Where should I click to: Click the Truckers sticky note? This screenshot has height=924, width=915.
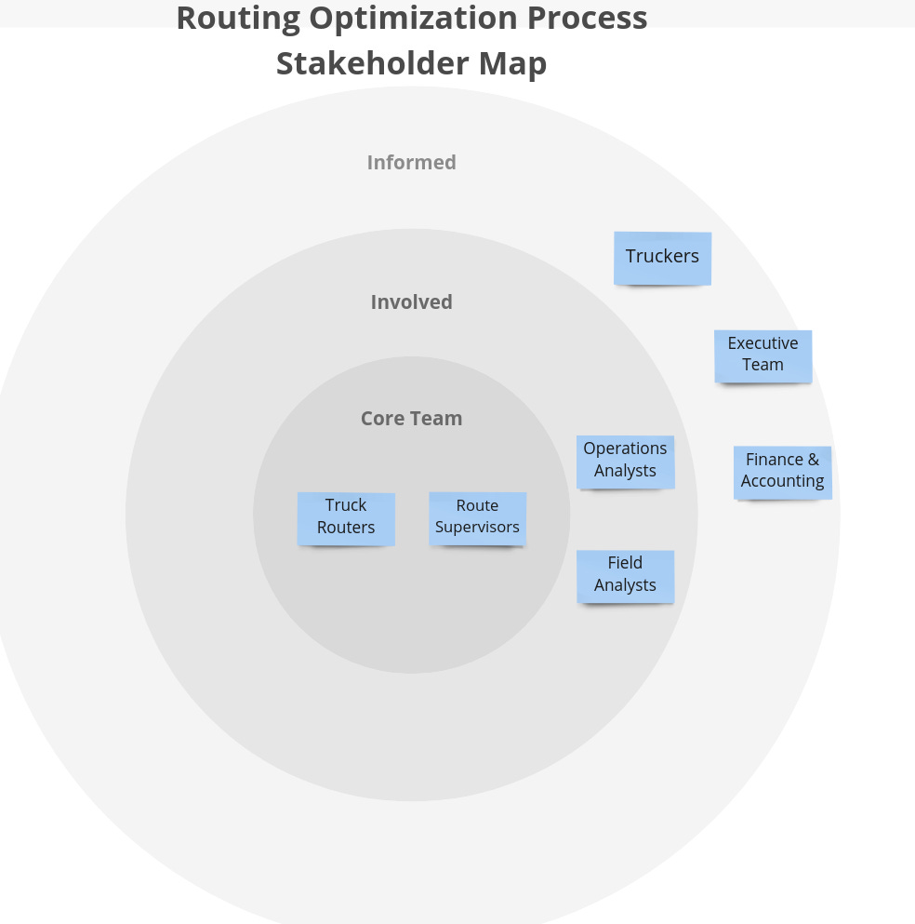click(x=662, y=258)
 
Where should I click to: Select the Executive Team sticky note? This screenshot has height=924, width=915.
click(x=762, y=355)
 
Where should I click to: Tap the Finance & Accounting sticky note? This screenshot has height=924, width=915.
click(x=782, y=472)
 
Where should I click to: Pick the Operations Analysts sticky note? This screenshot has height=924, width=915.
click(x=625, y=461)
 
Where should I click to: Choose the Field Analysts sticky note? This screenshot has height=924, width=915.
click(x=625, y=575)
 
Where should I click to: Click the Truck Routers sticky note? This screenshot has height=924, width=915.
click(x=346, y=517)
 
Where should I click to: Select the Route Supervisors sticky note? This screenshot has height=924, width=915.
click(x=477, y=517)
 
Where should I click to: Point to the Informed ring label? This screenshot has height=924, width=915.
click(x=411, y=163)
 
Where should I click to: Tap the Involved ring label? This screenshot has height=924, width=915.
click(x=411, y=302)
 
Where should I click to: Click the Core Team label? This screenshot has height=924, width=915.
click(x=411, y=419)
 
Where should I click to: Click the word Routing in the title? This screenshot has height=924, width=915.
click(x=236, y=19)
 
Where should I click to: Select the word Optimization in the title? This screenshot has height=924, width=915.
click(x=413, y=19)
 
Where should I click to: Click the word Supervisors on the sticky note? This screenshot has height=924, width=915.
click(x=477, y=528)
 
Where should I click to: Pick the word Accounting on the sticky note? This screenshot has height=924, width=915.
click(x=782, y=482)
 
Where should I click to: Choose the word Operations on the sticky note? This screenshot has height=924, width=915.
click(x=625, y=449)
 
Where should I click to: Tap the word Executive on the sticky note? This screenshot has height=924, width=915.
click(x=762, y=343)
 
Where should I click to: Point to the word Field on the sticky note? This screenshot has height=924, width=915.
click(x=625, y=563)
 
